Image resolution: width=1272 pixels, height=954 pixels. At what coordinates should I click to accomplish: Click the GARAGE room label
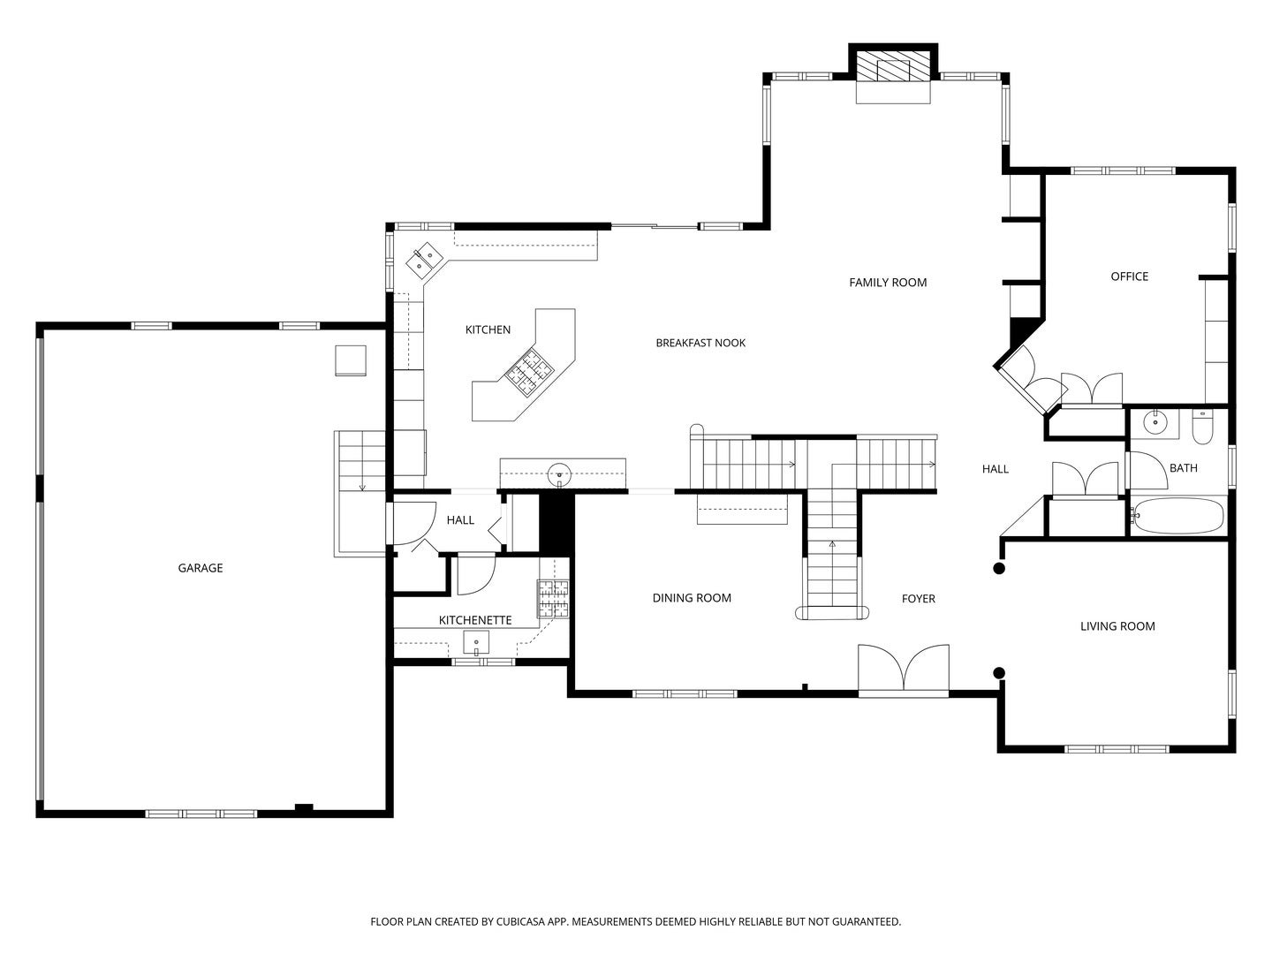[x=200, y=568]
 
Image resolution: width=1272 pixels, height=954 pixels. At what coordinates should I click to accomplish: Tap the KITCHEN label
[x=488, y=329]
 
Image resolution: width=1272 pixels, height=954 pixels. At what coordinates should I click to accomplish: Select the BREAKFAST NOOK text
[x=700, y=343]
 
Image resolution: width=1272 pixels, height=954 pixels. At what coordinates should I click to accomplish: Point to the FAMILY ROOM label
[x=887, y=283]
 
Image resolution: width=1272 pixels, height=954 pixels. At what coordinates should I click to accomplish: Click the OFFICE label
[x=1129, y=276]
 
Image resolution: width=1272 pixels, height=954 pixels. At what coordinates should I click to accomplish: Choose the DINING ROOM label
[x=692, y=598]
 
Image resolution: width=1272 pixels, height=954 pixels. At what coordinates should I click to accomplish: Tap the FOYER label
[x=918, y=598]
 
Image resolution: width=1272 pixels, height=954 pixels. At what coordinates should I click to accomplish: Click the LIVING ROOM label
[x=1117, y=626]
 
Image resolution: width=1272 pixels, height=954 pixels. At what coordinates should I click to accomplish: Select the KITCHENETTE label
[x=474, y=620]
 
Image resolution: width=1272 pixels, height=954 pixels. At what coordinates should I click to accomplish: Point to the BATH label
[x=1183, y=468]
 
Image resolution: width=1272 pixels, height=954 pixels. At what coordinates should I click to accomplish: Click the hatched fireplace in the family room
[x=892, y=70]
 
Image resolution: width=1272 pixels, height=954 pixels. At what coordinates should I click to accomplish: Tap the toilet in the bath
[x=1202, y=427]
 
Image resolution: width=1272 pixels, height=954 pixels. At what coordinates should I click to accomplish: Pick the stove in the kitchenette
[x=553, y=599]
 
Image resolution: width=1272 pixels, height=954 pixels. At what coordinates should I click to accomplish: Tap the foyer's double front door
[x=903, y=670]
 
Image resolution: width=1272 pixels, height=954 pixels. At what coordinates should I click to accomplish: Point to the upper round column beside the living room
[x=998, y=569]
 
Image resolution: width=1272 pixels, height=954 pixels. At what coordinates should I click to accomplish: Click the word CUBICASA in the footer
[x=520, y=921]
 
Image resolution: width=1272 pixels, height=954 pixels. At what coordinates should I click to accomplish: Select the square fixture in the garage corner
[x=351, y=360]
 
